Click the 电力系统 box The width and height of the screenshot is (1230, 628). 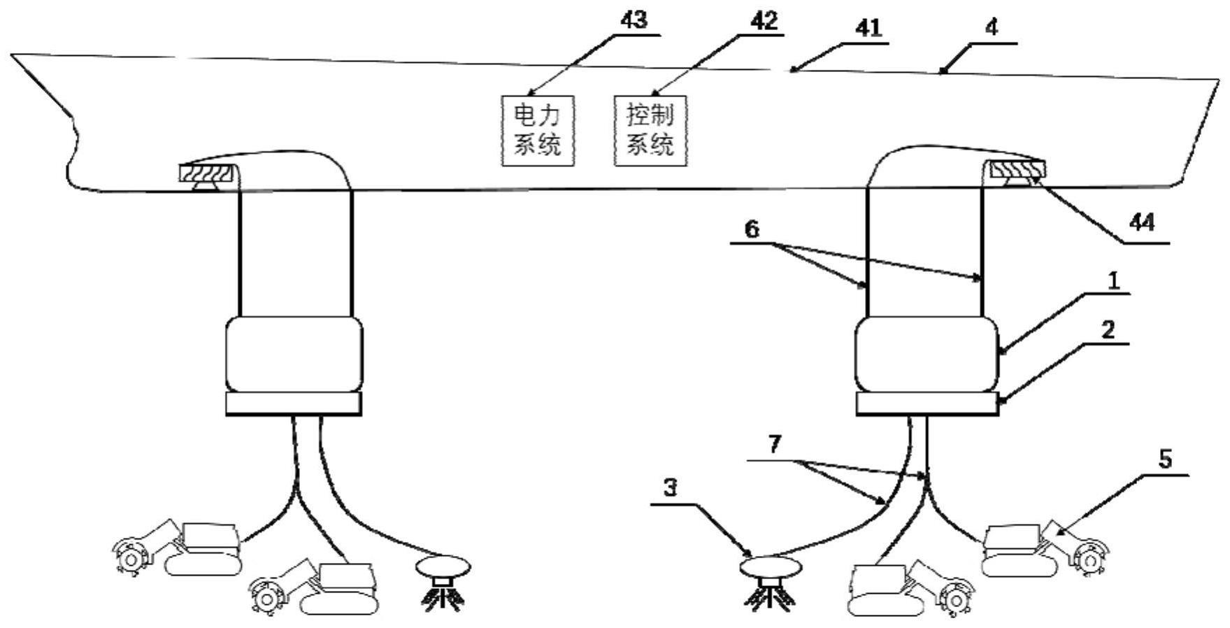tap(538, 130)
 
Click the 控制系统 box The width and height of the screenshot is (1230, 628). tap(650, 130)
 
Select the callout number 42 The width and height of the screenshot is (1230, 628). tap(764, 21)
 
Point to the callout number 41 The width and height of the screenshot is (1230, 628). tap(868, 29)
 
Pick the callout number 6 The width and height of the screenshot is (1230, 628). tap(751, 229)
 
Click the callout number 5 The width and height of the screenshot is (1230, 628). tap(1164, 459)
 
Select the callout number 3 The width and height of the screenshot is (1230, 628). tap(670, 487)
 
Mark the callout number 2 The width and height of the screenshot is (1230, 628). tap(1108, 329)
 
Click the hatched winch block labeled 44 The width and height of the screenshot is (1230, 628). tap(1015, 169)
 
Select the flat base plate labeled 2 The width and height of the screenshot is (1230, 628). tap(927, 404)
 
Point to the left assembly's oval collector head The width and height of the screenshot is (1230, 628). tap(443, 565)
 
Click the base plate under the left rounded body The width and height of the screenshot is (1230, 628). tap(294, 404)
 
